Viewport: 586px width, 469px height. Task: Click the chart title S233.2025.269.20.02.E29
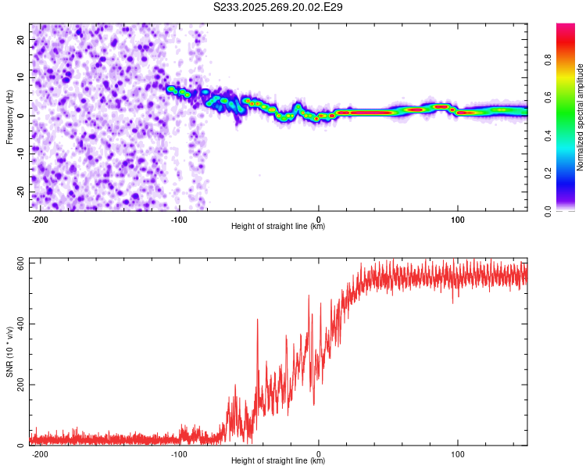[278, 7]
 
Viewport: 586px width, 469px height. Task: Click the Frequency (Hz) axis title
[9, 117]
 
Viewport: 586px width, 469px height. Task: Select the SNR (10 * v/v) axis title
[9, 353]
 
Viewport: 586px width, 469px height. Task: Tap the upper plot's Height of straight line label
[278, 227]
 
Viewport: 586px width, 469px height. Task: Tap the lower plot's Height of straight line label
[278, 461]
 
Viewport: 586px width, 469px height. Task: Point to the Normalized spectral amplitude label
[580, 117]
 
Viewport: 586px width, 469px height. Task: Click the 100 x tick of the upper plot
[458, 218]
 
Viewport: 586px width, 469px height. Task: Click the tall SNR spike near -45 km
[257, 320]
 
